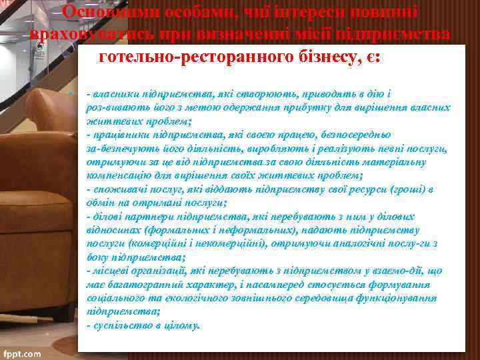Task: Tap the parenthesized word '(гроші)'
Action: (x=404, y=189)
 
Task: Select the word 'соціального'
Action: (x=113, y=298)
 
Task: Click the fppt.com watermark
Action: (x=21, y=353)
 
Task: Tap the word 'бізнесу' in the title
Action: (x=313, y=57)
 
